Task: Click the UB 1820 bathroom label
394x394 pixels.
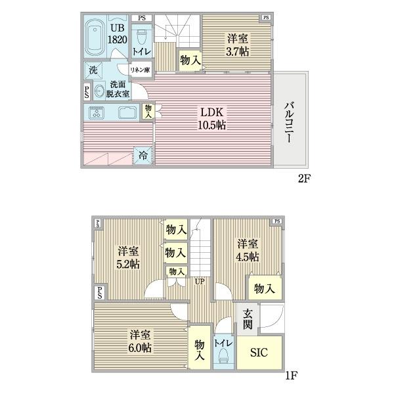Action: click(x=117, y=33)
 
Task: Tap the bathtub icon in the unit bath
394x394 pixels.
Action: click(x=94, y=37)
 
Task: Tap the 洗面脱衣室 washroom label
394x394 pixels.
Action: click(x=119, y=88)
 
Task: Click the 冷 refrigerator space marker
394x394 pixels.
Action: click(x=143, y=156)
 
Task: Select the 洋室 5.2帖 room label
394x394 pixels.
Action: click(x=129, y=257)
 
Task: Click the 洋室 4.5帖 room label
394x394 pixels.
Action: click(x=248, y=249)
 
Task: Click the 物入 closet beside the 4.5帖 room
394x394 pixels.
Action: click(x=264, y=288)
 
